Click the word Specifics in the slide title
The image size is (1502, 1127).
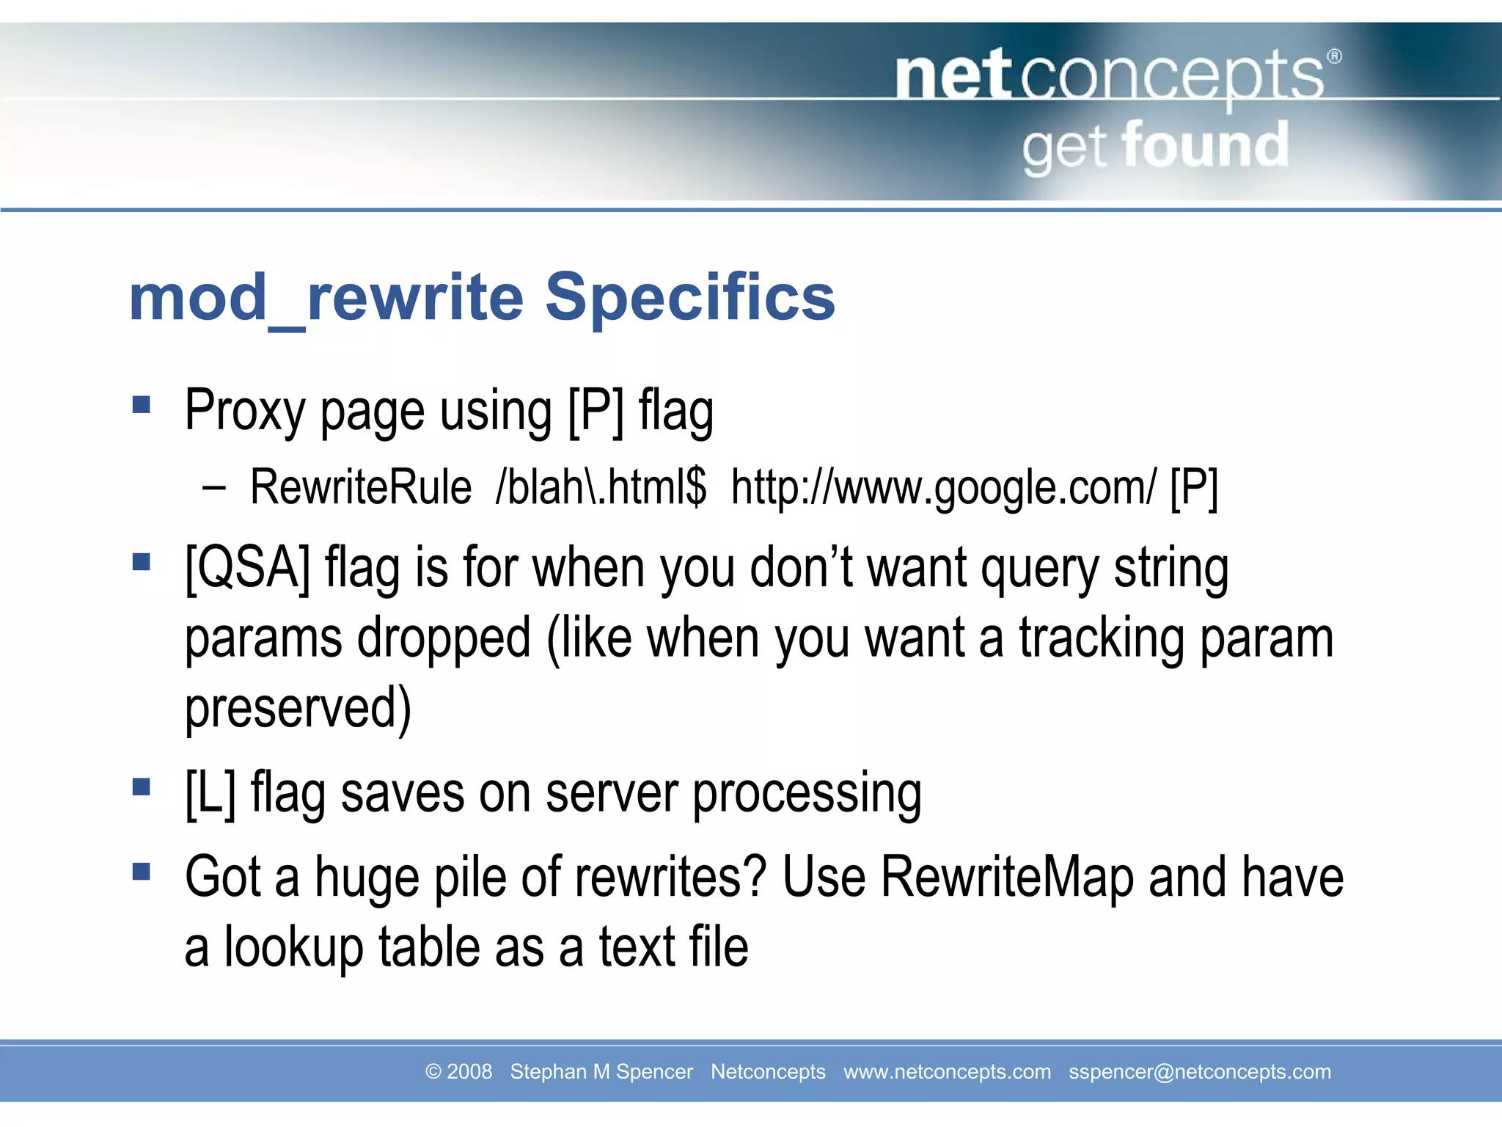pos(689,297)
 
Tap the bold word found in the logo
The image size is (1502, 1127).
pos(1205,145)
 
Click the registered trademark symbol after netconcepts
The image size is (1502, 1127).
pos(1334,56)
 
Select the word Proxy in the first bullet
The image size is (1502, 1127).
pos(243,411)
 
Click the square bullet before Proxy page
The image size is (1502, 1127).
pos(141,405)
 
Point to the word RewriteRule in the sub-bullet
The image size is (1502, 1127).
pos(360,487)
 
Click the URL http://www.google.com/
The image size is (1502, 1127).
pos(943,487)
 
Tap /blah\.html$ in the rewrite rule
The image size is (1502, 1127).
pos(601,487)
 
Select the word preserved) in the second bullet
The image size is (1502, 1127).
pos(298,707)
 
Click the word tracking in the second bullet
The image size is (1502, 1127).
pos(1101,638)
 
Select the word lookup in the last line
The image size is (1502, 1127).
pos(293,947)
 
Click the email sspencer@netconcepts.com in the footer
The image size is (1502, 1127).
pos(1199,1071)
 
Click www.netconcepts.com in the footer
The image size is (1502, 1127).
pos(947,1071)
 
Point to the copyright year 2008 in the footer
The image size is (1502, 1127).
pos(469,1071)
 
